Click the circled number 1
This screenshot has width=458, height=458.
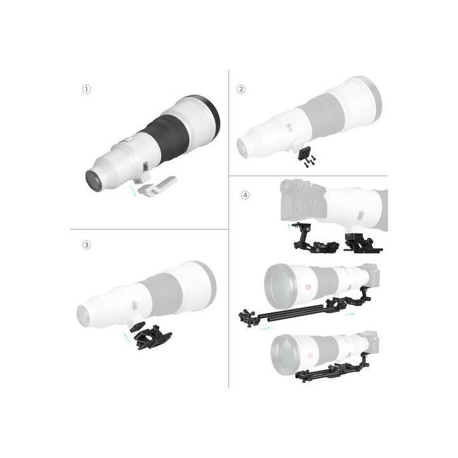tap(87, 89)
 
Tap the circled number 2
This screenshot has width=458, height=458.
tap(240, 89)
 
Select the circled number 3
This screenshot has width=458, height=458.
tap(87, 244)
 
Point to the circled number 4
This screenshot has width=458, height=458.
tap(246, 195)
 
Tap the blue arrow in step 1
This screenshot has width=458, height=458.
tap(134, 190)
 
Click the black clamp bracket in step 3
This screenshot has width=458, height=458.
tap(151, 335)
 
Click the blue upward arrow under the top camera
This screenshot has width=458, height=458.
tap(288, 226)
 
